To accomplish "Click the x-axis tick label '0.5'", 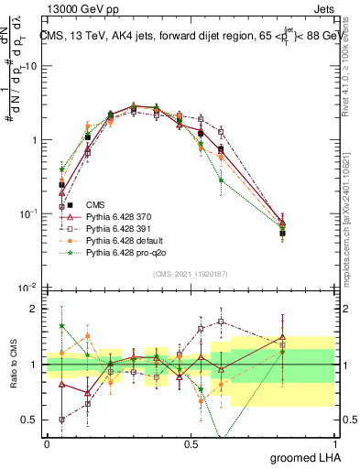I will pyautogui.click(x=191, y=442).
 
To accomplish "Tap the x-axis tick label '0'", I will pyautogui.click(x=47, y=442).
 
